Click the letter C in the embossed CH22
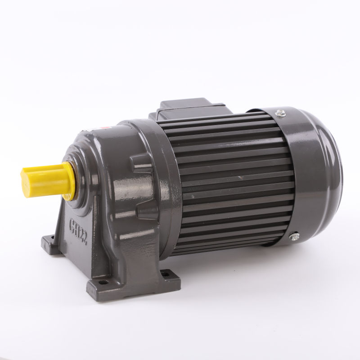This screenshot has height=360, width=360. click(x=71, y=222)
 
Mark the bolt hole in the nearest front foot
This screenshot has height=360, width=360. click(x=104, y=282)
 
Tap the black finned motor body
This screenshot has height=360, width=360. click(x=229, y=180)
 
